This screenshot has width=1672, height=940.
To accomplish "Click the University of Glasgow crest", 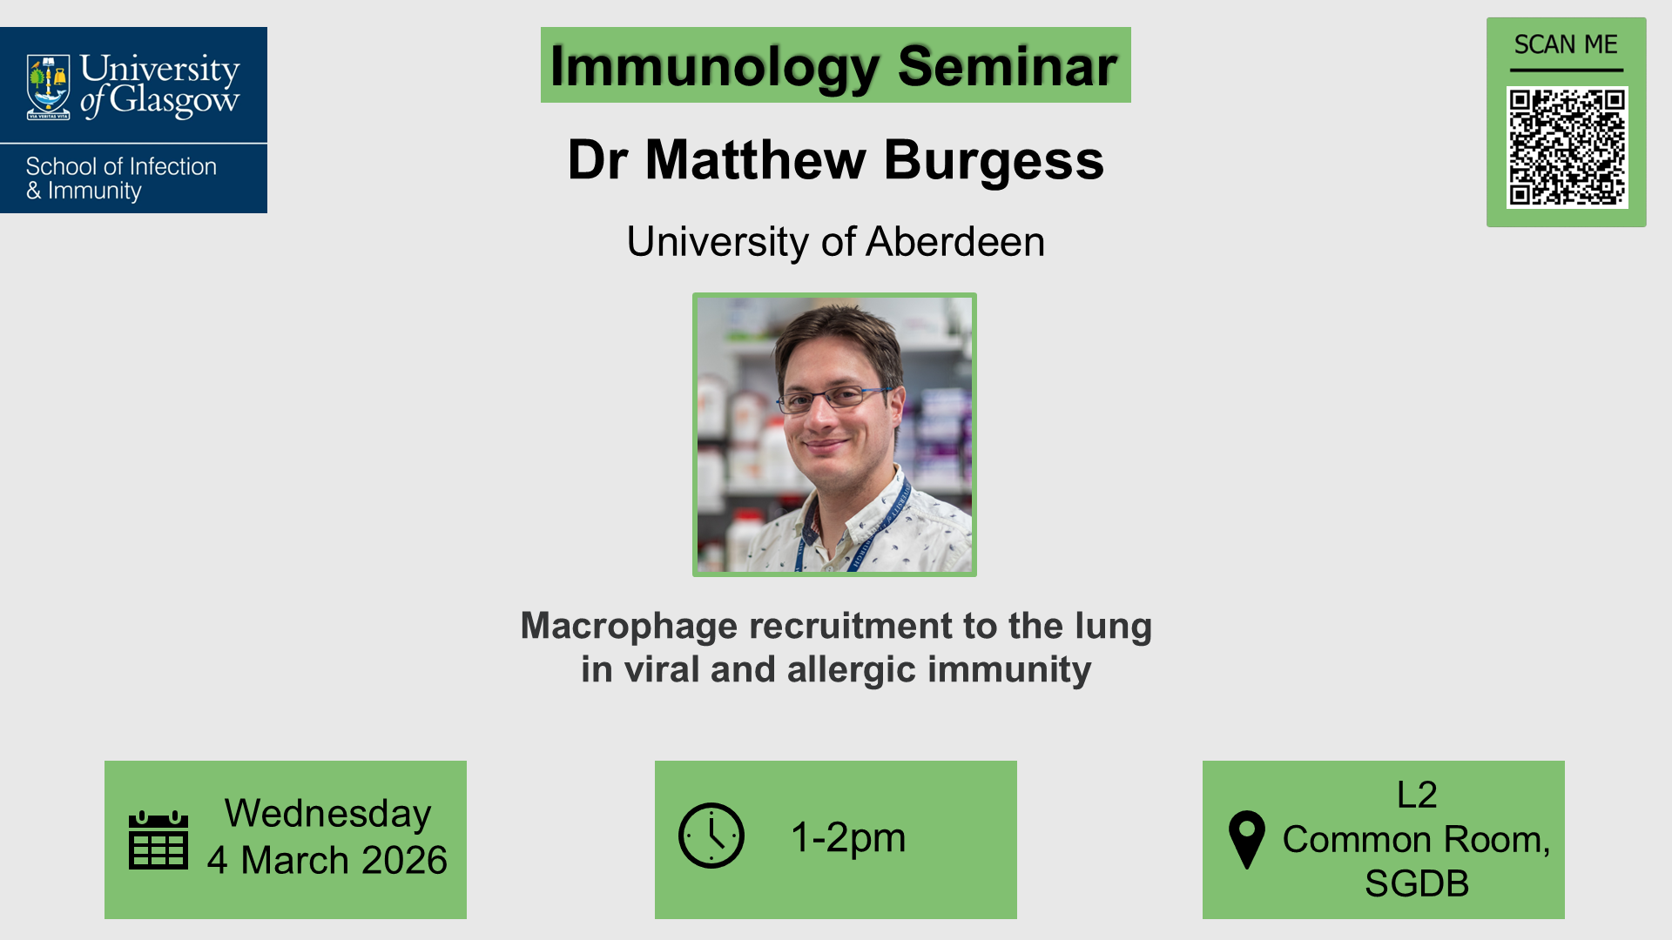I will click(49, 87).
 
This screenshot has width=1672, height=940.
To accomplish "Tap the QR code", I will click(1567, 147).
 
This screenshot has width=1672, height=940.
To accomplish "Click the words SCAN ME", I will click(1566, 44).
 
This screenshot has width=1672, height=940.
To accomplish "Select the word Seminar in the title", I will click(1007, 66).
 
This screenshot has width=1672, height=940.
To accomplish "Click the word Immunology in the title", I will click(715, 66).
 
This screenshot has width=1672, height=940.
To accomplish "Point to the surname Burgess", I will click(994, 160).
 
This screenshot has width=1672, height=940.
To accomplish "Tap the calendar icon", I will click(158, 840).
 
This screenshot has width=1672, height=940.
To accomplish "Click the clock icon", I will click(711, 836).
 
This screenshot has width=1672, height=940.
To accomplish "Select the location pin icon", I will click(1246, 838).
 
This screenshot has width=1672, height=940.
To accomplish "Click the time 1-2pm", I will click(848, 837).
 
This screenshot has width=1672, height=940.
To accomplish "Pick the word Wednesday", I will click(327, 814).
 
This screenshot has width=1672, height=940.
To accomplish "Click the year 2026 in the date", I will click(404, 861).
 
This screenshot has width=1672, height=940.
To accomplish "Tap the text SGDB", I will click(1416, 883).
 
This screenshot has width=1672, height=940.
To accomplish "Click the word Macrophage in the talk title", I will click(629, 627).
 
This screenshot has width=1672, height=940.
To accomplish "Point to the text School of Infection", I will click(121, 166).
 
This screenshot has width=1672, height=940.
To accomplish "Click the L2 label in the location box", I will click(1417, 795).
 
